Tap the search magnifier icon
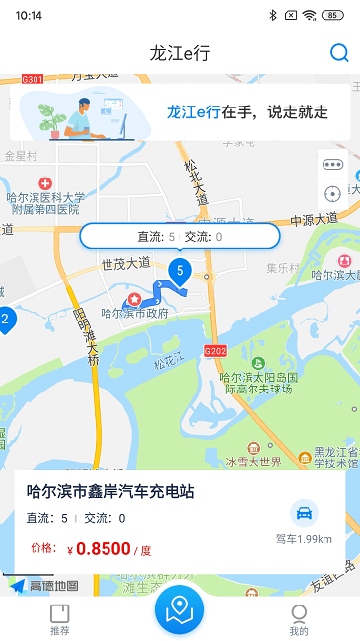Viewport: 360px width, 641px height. tap(339, 53)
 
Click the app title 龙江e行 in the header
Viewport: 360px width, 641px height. tap(180, 53)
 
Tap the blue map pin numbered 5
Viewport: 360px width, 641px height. tap(180, 270)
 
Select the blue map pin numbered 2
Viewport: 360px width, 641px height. tap(5, 320)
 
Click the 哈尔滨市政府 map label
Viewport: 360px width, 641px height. tap(135, 314)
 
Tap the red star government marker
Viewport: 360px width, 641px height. tap(131, 300)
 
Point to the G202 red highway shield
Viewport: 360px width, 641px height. tap(216, 351)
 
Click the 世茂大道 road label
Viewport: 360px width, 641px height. tap(125, 263)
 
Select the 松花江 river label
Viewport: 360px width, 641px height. tap(169, 364)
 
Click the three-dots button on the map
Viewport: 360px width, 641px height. tap(332, 165)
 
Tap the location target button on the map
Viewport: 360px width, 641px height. tap(332, 194)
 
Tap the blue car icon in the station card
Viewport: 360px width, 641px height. tap(304, 513)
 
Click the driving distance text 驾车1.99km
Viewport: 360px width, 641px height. tap(304, 539)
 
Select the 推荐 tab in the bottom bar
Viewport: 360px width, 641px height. tap(60, 618)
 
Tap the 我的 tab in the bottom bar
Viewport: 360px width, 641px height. tap(299, 618)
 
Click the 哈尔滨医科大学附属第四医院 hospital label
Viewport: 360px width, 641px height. tap(45, 202)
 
